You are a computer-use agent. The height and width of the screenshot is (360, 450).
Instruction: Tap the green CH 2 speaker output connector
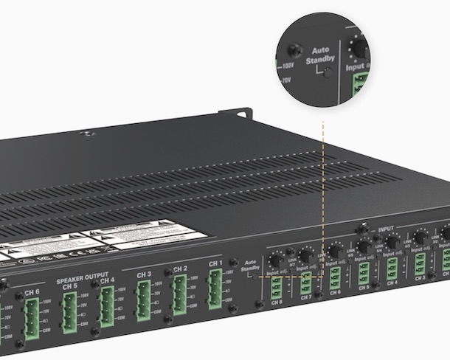click(x=179, y=294)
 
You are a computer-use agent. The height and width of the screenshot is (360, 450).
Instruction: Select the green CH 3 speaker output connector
click(x=142, y=299)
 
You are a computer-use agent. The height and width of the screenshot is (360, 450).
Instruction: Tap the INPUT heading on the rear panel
click(x=387, y=229)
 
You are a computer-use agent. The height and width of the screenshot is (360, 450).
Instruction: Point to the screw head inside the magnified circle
click(x=294, y=50)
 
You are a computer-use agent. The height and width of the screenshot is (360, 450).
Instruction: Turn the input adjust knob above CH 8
click(x=274, y=262)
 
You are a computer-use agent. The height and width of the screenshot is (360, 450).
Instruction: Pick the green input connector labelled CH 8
click(x=276, y=286)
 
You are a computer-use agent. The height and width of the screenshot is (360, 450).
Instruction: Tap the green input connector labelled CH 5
click(x=364, y=271)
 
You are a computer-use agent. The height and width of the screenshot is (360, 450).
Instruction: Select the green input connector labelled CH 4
click(x=392, y=267)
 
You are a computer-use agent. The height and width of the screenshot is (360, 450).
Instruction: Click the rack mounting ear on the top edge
click(x=238, y=114)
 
